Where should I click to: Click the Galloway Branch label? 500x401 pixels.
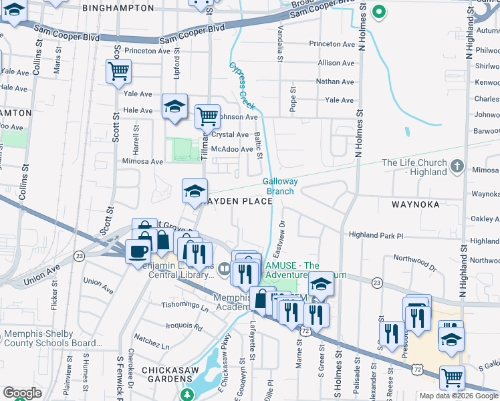278,186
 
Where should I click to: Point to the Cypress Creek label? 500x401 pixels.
243,86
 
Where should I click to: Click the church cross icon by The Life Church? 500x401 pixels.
457,165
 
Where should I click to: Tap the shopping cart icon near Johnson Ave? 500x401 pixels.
207,116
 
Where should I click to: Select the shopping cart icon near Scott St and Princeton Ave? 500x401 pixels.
118,70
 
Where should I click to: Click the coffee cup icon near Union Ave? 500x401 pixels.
138,251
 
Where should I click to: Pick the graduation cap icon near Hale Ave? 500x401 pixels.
175,106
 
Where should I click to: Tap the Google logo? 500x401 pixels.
23,393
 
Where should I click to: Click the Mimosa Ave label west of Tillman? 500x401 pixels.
142,161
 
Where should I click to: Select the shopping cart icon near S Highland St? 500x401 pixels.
452,378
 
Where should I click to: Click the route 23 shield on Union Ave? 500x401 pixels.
80,255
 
